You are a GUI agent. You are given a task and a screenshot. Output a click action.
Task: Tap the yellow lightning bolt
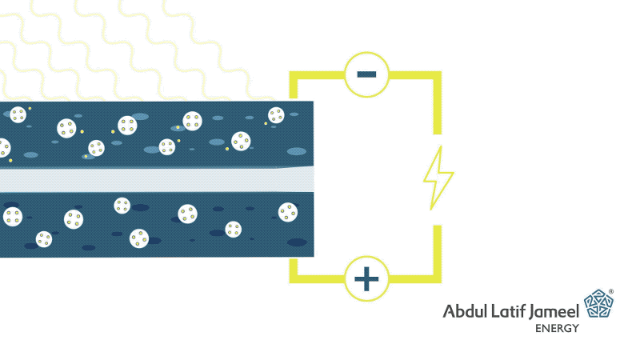click(x=438, y=178)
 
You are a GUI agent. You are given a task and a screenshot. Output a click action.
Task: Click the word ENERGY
click(x=557, y=328)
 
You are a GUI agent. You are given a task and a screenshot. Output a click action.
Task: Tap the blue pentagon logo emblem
click(x=598, y=304)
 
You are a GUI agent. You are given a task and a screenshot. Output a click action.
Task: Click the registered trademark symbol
click(x=611, y=291)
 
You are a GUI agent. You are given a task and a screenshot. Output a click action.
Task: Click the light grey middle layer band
click(x=157, y=179)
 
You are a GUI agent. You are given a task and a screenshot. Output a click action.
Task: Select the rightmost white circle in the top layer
click(x=276, y=115)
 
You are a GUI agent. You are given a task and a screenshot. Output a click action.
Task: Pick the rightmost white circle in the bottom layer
click(x=288, y=212)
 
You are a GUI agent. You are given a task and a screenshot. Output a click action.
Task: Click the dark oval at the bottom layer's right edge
click(x=297, y=242)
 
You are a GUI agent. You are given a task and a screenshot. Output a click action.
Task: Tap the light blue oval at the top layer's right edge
click(x=297, y=151)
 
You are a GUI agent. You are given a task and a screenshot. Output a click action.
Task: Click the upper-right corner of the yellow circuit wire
click(x=437, y=75)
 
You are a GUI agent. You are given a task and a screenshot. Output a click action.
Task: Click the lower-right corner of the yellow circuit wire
click(x=437, y=278)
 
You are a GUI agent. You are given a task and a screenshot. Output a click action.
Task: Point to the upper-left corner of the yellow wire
click(x=294, y=75)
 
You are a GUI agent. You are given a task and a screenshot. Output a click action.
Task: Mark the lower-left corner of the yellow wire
click(x=294, y=278)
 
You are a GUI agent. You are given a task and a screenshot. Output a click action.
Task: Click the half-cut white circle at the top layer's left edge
click(x=5, y=148)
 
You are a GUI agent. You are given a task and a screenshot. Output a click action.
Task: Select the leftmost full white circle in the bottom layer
click(x=13, y=217)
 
